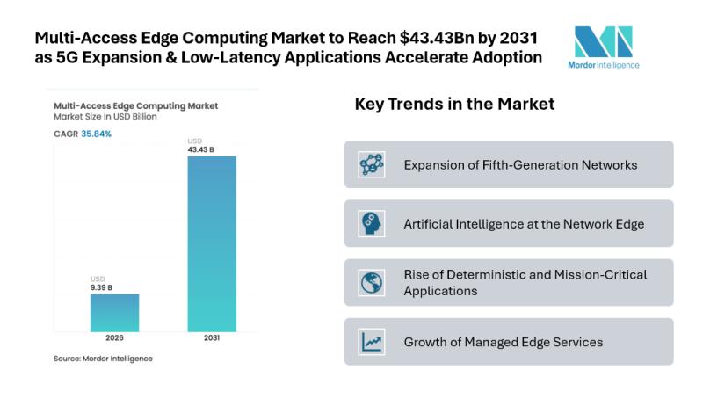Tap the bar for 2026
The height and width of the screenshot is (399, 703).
114,312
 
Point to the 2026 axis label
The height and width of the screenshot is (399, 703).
114,339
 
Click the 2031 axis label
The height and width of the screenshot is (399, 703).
212,339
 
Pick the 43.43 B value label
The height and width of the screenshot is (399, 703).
200,150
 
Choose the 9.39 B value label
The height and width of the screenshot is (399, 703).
103,287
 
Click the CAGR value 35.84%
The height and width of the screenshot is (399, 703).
97,134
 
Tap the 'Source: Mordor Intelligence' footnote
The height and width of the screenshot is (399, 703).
103,359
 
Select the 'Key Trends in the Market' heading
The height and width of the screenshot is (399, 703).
453,105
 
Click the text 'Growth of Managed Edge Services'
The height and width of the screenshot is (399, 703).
503,342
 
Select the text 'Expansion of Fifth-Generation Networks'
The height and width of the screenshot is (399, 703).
520,164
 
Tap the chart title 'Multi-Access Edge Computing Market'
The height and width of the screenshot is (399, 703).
135,105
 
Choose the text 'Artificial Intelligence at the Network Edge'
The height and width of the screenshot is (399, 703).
524,223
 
